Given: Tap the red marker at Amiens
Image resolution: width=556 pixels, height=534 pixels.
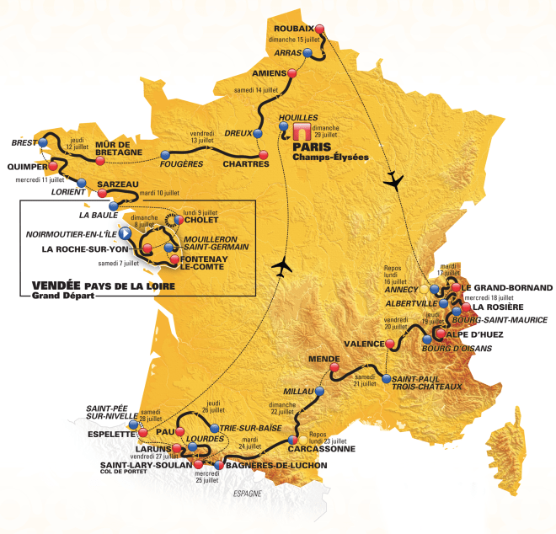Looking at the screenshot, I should [x=292, y=73].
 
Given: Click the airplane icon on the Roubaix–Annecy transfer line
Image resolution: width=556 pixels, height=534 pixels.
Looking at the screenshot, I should [x=392, y=180].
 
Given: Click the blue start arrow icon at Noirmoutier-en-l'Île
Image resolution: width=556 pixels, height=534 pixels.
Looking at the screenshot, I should [x=125, y=233].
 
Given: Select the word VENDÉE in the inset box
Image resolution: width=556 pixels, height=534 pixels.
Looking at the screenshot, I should [x=56, y=286].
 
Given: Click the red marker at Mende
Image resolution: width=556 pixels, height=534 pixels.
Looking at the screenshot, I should [x=334, y=368].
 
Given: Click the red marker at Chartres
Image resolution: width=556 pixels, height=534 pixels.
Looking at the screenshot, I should [x=264, y=155].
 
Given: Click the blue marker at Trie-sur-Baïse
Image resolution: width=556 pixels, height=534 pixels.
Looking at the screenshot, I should [x=214, y=428].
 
